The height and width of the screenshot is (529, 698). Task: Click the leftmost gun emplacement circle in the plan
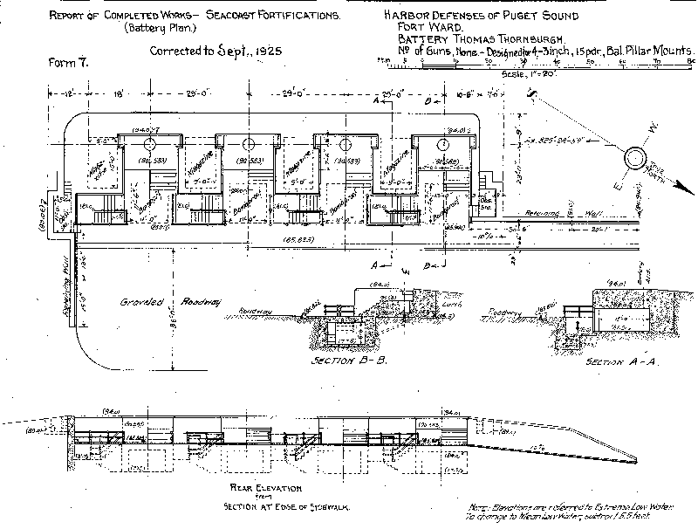(x=147, y=142)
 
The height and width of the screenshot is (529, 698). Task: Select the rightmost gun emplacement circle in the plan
(x=444, y=143)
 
